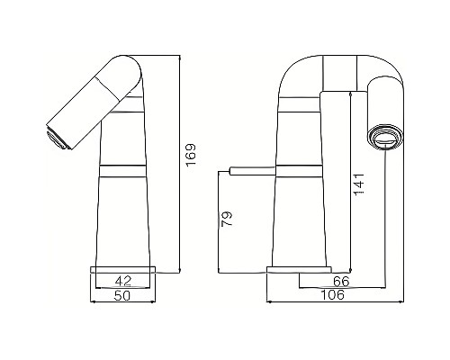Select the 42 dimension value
tap(125, 280)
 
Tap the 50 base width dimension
tap(125, 294)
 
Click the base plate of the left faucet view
tap(125, 268)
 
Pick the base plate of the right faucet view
tap(299, 269)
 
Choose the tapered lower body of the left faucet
tap(125, 216)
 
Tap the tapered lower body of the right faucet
tap(300, 216)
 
